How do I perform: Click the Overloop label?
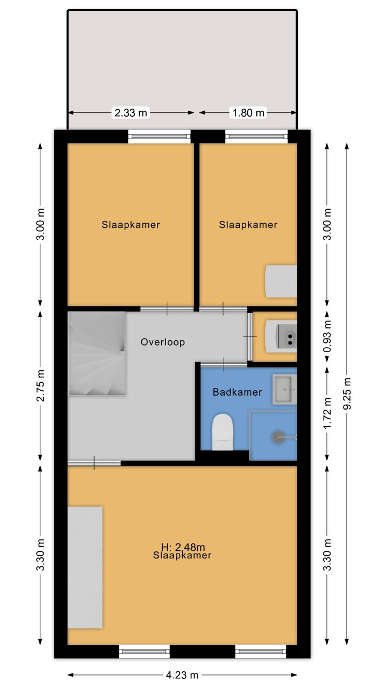coord(163,342)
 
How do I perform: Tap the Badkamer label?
coord(238,392)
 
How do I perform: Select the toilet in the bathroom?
coord(223,432)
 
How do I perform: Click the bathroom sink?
coord(284,390)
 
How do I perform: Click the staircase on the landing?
coord(97,353)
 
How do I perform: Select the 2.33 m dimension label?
coord(131,113)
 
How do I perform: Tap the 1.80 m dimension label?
coord(248,113)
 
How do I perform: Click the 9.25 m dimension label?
coord(347,393)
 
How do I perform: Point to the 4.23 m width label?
coord(182,675)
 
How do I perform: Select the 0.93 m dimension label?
coord(327,336)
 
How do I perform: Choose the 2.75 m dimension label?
coord(41,386)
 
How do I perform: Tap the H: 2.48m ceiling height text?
coord(183,547)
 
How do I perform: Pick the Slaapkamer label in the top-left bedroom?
coord(131,225)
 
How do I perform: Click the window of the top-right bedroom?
coord(256,137)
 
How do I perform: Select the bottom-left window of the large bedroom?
coord(145,651)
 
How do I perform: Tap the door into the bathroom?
coord(224,364)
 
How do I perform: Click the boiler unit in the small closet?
coord(281,337)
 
